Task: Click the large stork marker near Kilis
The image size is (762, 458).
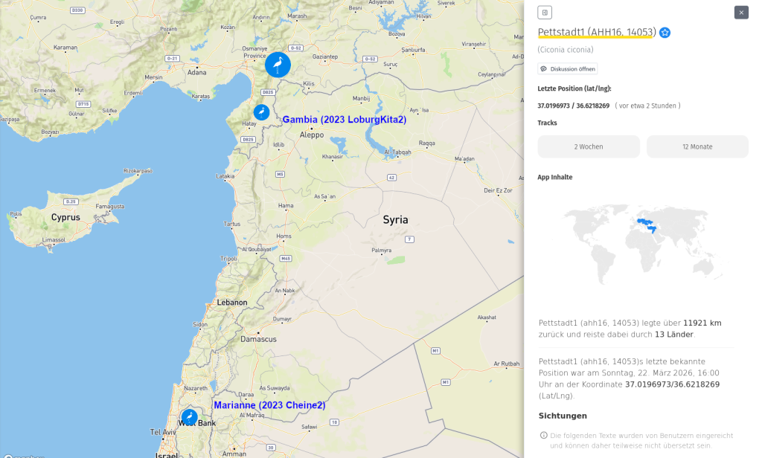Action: click(x=278, y=65)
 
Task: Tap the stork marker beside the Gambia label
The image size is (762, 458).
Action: click(x=261, y=112)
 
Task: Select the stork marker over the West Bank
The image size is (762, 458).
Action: click(x=190, y=416)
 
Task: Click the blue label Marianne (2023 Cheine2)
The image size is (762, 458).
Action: click(x=269, y=405)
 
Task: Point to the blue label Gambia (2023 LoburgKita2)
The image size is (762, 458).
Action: click(x=345, y=119)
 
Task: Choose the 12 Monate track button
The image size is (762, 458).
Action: click(x=697, y=146)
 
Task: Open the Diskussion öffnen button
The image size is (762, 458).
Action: click(x=568, y=68)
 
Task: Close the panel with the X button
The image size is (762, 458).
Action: click(x=741, y=12)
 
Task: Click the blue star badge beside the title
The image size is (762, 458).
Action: click(x=665, y=33)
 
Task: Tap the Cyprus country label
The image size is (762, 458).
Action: click(x=65, y=218)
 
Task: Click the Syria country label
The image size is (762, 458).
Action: click(x=395, y=220)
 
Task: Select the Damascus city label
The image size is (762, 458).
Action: click(x=258, y=339)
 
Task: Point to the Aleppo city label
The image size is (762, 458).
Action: click(x=311, y=135)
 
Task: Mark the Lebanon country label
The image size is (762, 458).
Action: click(x=231, y=303)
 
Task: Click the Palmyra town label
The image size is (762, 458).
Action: click(x=381, y=251)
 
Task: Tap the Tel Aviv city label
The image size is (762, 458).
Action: click(x=163, y=431)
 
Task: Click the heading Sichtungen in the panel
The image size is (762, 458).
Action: click(x=563, y=416)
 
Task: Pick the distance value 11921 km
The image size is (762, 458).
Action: click(x=702, y=323)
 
